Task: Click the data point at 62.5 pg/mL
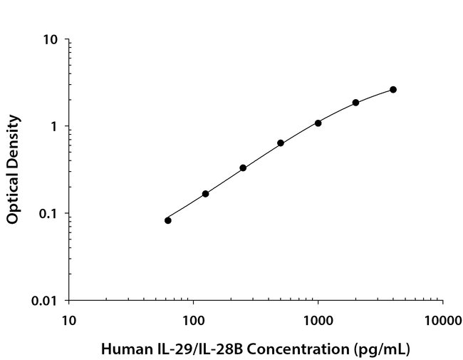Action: point(168,220)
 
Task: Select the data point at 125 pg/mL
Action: point(206,194)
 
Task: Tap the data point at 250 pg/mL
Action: point(243,168)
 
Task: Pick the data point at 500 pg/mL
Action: point(281,143)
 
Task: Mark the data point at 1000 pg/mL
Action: point(318,123)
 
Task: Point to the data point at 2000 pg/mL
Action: point(355,103)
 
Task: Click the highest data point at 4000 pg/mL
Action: point(393,90)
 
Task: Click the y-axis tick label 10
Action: point(51,40)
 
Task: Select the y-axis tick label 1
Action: point(54,127)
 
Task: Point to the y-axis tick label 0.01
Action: point(46,301)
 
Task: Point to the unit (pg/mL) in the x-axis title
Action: point(385,349)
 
